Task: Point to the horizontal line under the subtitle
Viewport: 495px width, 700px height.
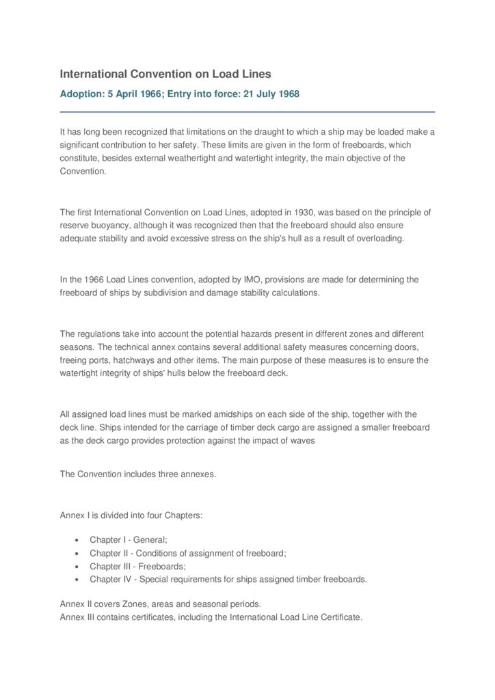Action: [247, 111]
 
